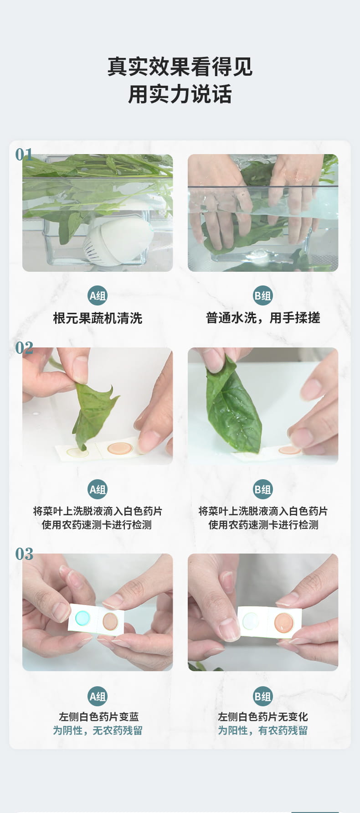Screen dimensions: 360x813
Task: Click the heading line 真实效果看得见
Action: [x=180, y=67]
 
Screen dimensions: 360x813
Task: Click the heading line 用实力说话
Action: [x=180, y=94]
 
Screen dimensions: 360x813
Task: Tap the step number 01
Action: [x=24, y=155]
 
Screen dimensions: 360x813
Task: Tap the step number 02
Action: [x=24, y=348]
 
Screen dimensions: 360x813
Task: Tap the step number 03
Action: [x=24, y=554]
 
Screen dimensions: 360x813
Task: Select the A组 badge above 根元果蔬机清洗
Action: [x=98, y=296]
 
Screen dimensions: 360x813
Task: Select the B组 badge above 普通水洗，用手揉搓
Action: [x=262, y=296]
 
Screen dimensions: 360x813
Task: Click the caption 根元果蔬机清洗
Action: [x=98, y=318]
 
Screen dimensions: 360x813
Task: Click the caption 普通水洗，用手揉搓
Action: [x=263, y=318]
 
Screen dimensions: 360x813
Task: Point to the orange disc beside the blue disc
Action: [x=110, y=621]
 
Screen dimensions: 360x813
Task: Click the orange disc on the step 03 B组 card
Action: [x=283, y=622]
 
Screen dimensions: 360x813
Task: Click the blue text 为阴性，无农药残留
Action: [x=98, y=730]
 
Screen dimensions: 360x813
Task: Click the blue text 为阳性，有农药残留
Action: [x=263, y=730]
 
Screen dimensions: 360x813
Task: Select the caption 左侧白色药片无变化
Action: [x=263, y=717]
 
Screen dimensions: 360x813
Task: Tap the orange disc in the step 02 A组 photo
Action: [x=120, y=448]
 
